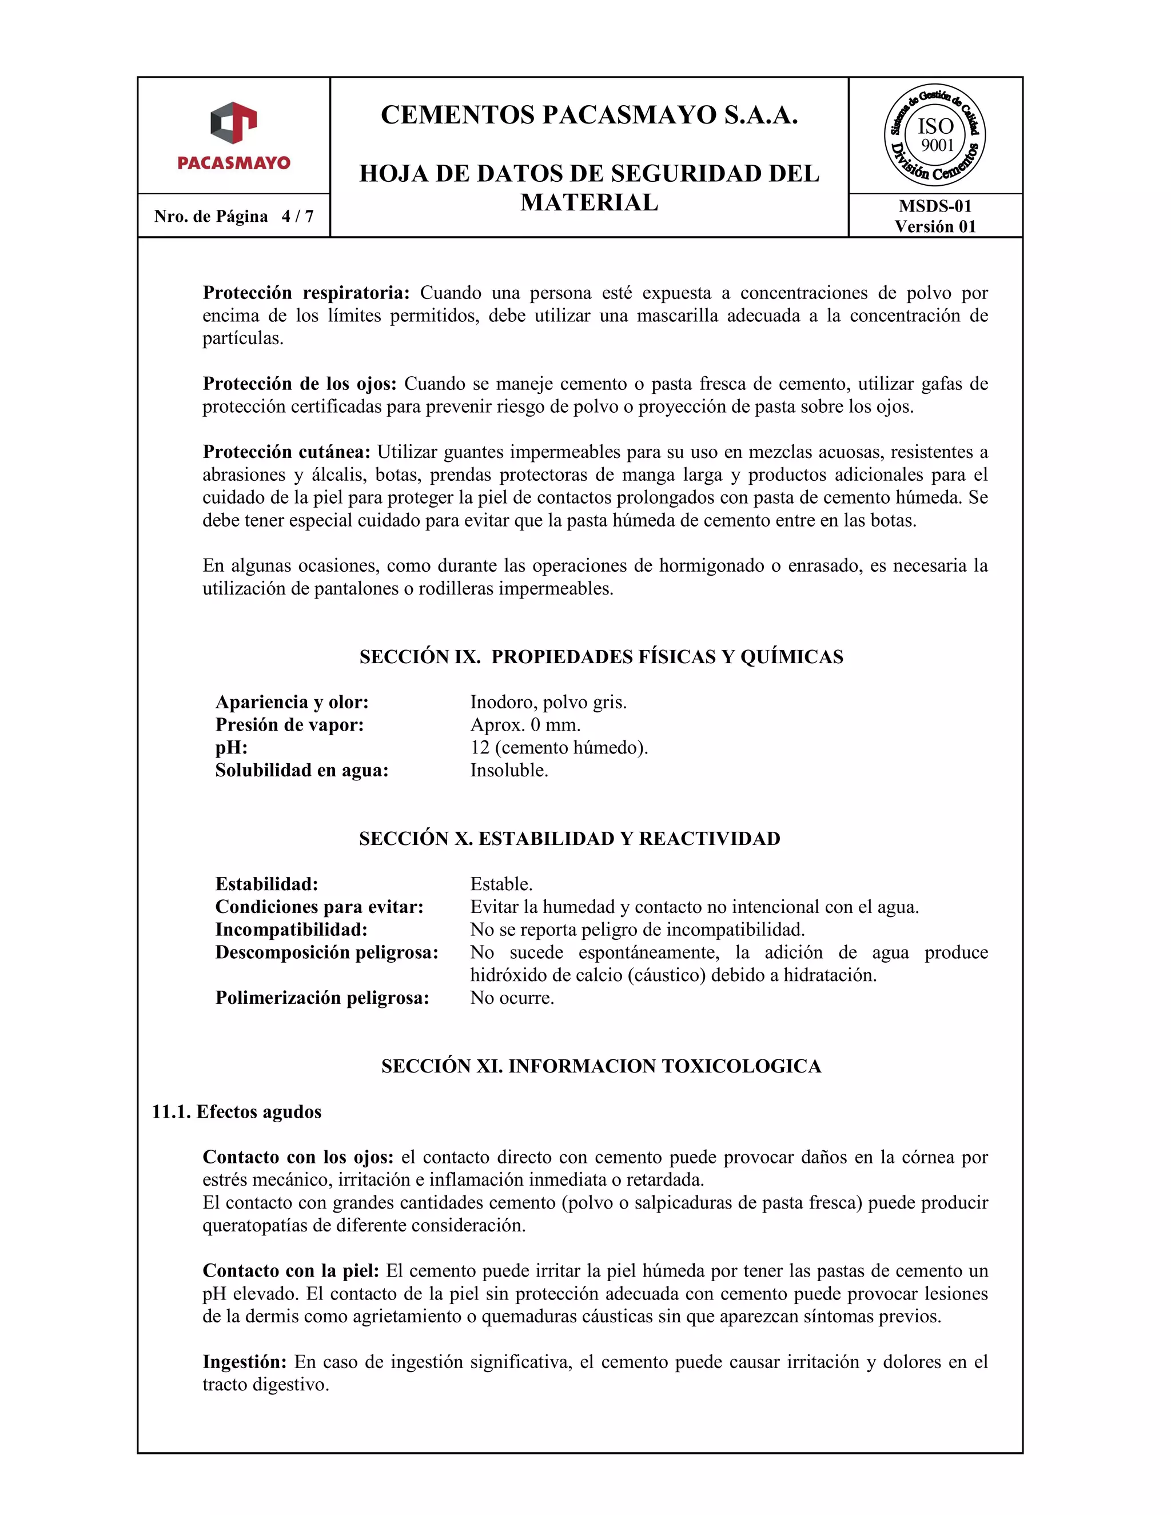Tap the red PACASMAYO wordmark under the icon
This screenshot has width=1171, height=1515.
click(234, 163)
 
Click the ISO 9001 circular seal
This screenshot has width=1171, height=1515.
click(934, 135)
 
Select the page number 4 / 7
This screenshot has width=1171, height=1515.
click(297, 217)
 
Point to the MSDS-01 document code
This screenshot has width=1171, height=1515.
click(934, 206)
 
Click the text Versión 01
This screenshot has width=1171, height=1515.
click(934, 227)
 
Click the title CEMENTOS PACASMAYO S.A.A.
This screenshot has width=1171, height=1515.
click(589, 115)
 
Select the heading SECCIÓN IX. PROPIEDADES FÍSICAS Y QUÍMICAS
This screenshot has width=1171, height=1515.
click(601, 657)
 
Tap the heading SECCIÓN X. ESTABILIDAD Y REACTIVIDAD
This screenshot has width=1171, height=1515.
click(569, 839)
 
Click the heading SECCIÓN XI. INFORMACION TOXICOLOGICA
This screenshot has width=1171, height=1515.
click(601, 1066)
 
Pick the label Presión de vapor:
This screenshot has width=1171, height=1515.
click(289, 725)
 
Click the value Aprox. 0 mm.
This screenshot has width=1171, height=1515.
click(525, 725)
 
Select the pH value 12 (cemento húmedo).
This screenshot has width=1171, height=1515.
click(559, 748)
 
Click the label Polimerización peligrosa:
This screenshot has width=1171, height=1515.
click(322, 998)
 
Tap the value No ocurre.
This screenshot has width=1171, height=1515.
click(512, 998)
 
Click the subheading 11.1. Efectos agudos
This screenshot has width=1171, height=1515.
click(237, 1112)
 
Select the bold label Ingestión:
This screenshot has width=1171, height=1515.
click(244, 1362)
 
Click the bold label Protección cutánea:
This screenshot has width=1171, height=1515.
click(286, 452)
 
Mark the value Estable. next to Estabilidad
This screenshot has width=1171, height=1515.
click(501, 884)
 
